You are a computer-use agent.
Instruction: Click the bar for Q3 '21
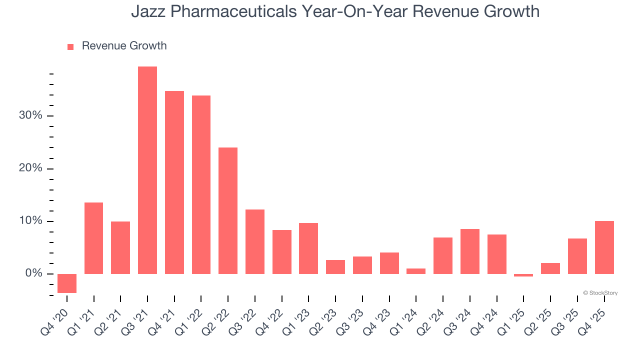point(147,170)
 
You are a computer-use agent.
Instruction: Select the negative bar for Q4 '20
point(67,283)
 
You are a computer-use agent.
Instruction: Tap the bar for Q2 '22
point(228,210)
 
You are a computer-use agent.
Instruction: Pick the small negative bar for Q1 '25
point(523,275)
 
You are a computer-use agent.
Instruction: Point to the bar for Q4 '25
point(604,247)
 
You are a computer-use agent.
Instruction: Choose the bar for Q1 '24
point(416,271)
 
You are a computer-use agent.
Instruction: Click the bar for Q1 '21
point(93,238)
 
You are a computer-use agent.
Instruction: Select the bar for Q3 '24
point(470,251)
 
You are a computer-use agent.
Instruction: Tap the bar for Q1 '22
point(201,184)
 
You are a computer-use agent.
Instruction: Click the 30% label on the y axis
point(30,115)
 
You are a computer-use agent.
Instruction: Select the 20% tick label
point(30,168)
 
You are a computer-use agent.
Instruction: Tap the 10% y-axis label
point(30,221)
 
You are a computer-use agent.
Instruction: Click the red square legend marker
point(70,46)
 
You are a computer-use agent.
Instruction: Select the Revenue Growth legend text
point(124,46)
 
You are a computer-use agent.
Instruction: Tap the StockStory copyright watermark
point(600,293)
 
